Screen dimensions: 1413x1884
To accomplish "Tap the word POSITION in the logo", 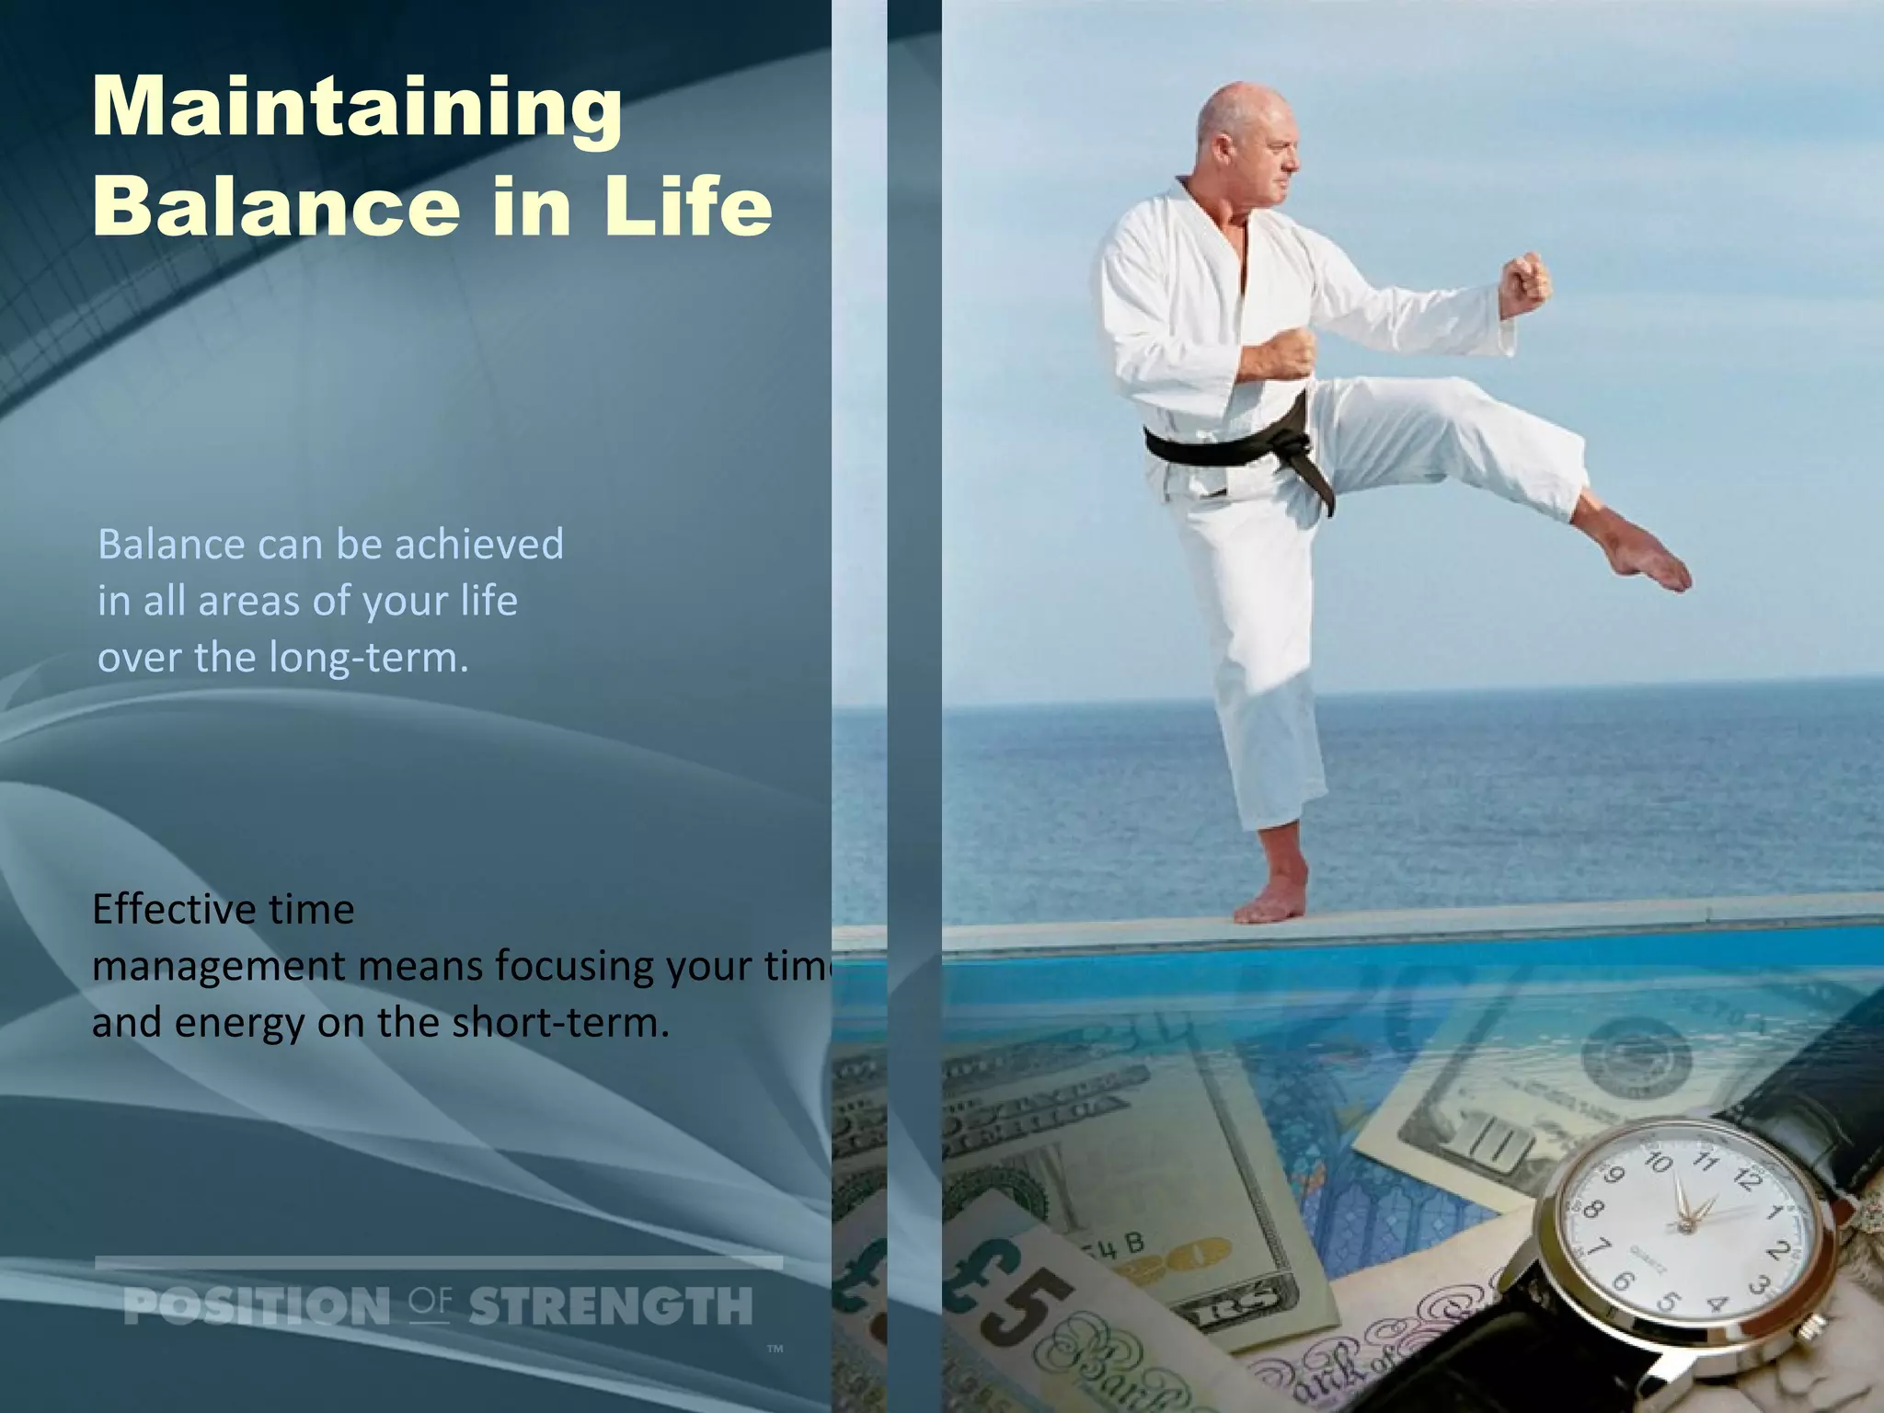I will pyautogui.click(x=257, y=1306).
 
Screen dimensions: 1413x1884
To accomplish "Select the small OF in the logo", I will pyautogui.click(x=430, y=1302).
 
